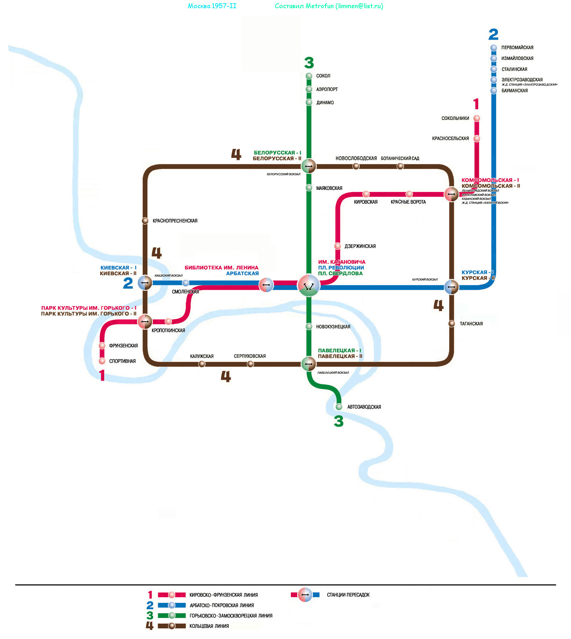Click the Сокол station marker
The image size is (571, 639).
tap(309, 76)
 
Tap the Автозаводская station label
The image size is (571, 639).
tap(364, 407)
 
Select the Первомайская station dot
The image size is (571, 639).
tap(494, 47)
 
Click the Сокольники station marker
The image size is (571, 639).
tap(477, 118)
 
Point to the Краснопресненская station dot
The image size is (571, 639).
tap(145, 221)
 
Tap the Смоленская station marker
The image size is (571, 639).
tap(186, 283)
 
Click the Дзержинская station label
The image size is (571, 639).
tap(360, 246)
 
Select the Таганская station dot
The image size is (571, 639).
tap(452, 323)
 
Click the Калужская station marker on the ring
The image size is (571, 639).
tap(202, 364)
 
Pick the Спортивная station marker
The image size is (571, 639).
tap(102, 361)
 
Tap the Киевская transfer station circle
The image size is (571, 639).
tap(145, 283)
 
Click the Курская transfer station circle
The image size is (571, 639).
tap(451, 287)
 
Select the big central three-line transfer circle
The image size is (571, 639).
tap(309, 285)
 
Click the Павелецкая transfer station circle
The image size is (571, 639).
tap(309, 364)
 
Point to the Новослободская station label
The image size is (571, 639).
tap(356, 158)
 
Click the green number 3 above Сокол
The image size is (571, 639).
tap(309, 63)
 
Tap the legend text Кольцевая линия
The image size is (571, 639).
tap(209, 626)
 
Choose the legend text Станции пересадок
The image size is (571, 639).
tap(348, 595)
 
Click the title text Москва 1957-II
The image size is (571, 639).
tap(212, 6)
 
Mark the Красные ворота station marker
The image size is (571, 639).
tap(409, 194)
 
